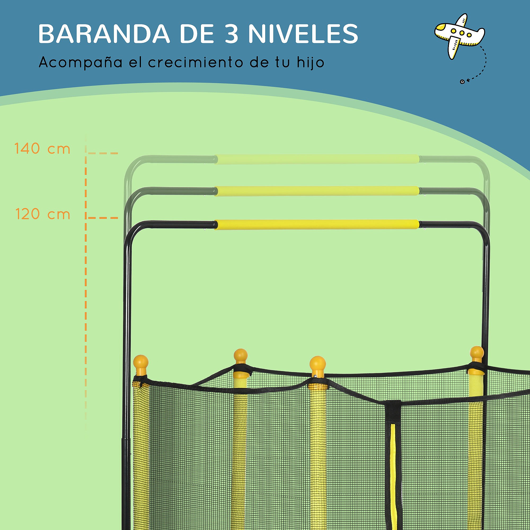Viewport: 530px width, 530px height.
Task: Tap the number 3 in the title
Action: (231, 34)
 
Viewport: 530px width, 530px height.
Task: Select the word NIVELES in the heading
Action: (303, 34)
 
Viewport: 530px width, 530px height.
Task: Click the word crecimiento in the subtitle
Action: (196, 63)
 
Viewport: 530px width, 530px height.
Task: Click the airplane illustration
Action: (459, 36)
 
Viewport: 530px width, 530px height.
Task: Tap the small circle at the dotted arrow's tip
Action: (462, 82)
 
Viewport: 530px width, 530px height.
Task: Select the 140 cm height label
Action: (42, 149)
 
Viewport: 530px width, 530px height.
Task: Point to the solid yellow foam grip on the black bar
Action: (317, 224)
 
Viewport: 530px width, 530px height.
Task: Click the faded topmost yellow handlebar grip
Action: (317, 159)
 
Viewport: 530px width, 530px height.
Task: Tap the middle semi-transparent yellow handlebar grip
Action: (317, 191)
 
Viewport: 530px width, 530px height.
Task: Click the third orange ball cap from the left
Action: (318, 364)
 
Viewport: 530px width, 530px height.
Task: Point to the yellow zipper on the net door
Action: (393, 466)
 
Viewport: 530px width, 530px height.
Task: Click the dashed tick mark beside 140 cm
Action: (103, 153)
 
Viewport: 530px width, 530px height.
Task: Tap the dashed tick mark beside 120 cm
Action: (103, 218)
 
